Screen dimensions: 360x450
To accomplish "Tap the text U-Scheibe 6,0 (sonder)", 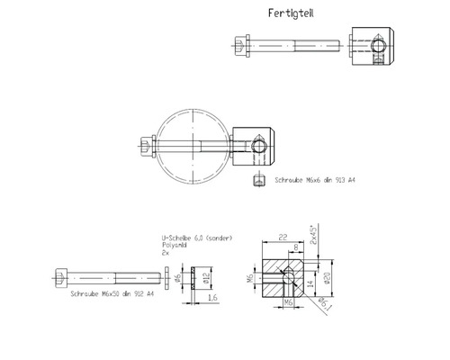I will [x=196, y=238].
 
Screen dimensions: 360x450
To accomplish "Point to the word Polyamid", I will [x=177, y=246].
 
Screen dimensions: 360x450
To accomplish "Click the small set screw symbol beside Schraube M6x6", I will [x=256, y=182].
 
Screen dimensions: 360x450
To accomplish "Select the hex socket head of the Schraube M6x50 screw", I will [x=61, y=275].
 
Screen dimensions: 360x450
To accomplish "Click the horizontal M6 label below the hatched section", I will [x=291, y=304].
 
